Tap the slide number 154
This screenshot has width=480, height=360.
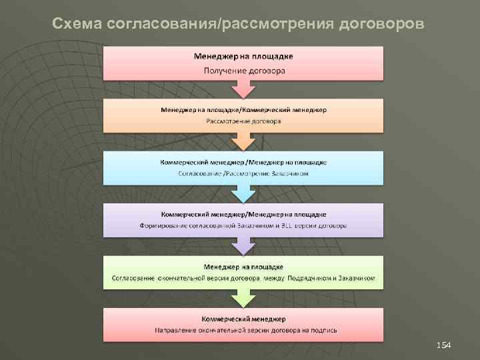click(x=443, y=345)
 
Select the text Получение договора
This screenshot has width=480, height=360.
click(x=243, y=70)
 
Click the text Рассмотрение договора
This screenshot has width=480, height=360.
click(x=243, y=122)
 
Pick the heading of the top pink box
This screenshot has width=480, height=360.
click(x=243, y=56)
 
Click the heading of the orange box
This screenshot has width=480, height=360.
click(x=243, y=109)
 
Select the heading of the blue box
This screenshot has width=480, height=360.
click(x=243, y=162)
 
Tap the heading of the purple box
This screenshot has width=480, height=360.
click(x=243, y=214)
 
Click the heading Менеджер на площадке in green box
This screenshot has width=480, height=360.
click(x=243, y=266)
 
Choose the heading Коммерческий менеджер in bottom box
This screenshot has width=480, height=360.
click(x=243, y=318)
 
